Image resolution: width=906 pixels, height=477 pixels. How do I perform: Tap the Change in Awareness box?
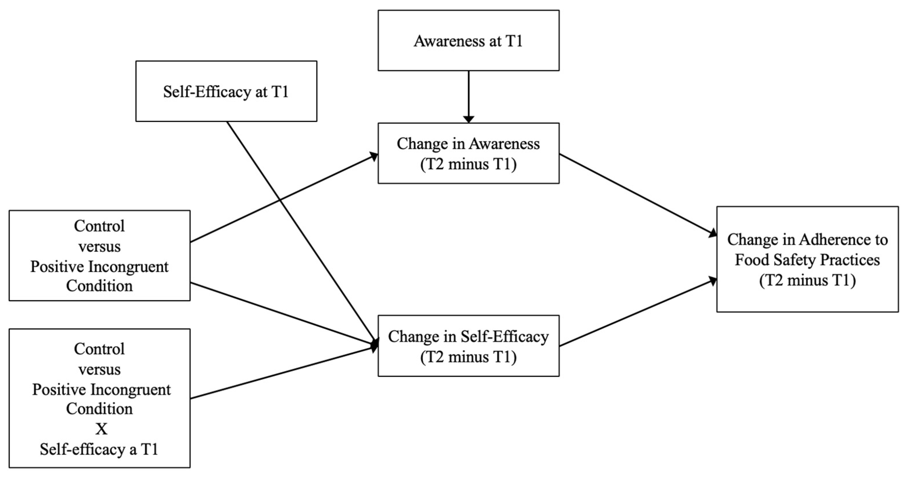pos(469,153)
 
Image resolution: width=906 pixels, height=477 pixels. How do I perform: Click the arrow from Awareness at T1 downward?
pos(469,95)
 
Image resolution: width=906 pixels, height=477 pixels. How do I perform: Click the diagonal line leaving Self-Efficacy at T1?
pos(299,229)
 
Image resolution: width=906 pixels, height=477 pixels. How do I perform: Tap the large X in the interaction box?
pos(101,429)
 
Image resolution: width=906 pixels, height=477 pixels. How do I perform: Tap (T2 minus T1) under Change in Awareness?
pos(469,164)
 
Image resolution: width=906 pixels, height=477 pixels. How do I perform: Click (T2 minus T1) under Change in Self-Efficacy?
pos(469,357)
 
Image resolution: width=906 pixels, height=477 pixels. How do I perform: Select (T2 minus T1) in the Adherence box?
pos(808,280)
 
